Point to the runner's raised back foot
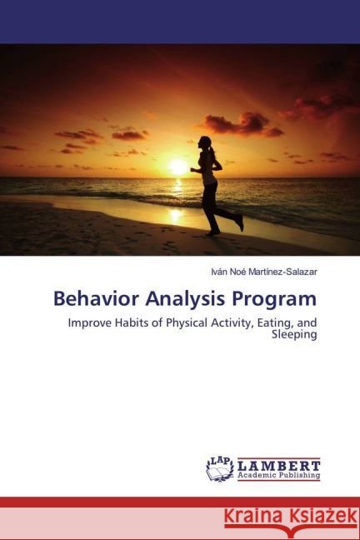point(240,222)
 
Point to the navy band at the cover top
point(180,21)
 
